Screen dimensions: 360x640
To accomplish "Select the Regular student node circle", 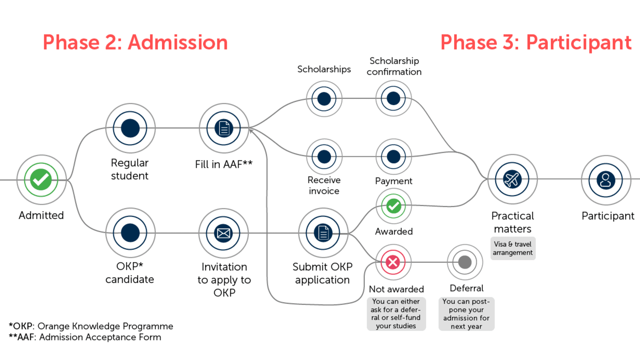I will coord(130,129).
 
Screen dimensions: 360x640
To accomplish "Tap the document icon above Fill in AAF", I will coord(224,129).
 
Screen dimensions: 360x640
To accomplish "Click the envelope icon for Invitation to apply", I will coord(224,233).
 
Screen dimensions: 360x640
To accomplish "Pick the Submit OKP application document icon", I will coord(323,233).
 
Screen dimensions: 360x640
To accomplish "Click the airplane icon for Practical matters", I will coord(512,180).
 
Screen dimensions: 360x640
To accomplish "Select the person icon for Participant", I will coord(606,180).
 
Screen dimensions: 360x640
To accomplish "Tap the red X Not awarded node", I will coord(393,263).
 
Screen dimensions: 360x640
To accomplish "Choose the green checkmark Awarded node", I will coord(393,206).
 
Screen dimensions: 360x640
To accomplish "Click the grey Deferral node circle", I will coord(465,262).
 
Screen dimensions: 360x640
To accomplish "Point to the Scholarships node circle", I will coord(324,99).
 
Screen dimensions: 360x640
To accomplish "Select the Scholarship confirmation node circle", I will coord(393,99).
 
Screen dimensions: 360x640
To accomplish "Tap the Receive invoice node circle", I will coord(324,156).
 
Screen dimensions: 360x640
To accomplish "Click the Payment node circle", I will coord(393,156).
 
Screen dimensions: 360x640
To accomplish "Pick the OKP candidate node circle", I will coord(130,233).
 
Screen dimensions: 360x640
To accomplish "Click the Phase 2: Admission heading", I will coord(135,43).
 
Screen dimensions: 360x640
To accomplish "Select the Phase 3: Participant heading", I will coord(536,43).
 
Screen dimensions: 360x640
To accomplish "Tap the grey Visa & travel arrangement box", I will coord(512,249).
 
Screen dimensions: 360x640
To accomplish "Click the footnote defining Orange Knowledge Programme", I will coord(91,326).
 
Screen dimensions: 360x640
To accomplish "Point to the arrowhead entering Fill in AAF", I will coord(251,129).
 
